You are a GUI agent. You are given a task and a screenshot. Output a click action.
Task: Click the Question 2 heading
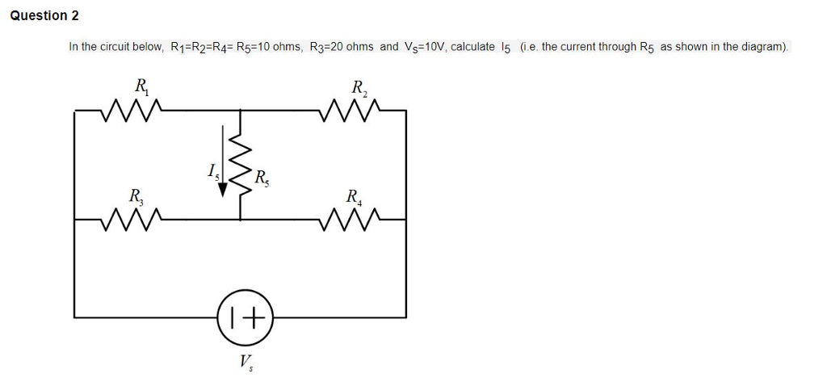[44, 15]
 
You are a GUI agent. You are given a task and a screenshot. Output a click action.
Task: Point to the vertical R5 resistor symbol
[240, 165]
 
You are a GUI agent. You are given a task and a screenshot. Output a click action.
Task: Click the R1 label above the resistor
[141, 84]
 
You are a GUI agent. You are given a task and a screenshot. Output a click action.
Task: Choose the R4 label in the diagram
[354, 195]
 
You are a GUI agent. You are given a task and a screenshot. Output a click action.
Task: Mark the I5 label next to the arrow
[212, 171]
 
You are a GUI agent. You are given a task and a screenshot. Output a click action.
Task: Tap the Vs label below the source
[246, 361]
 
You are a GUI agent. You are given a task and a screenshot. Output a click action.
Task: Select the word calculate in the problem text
[472, 47]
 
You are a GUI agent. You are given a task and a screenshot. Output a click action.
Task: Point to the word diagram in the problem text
[762, 47]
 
